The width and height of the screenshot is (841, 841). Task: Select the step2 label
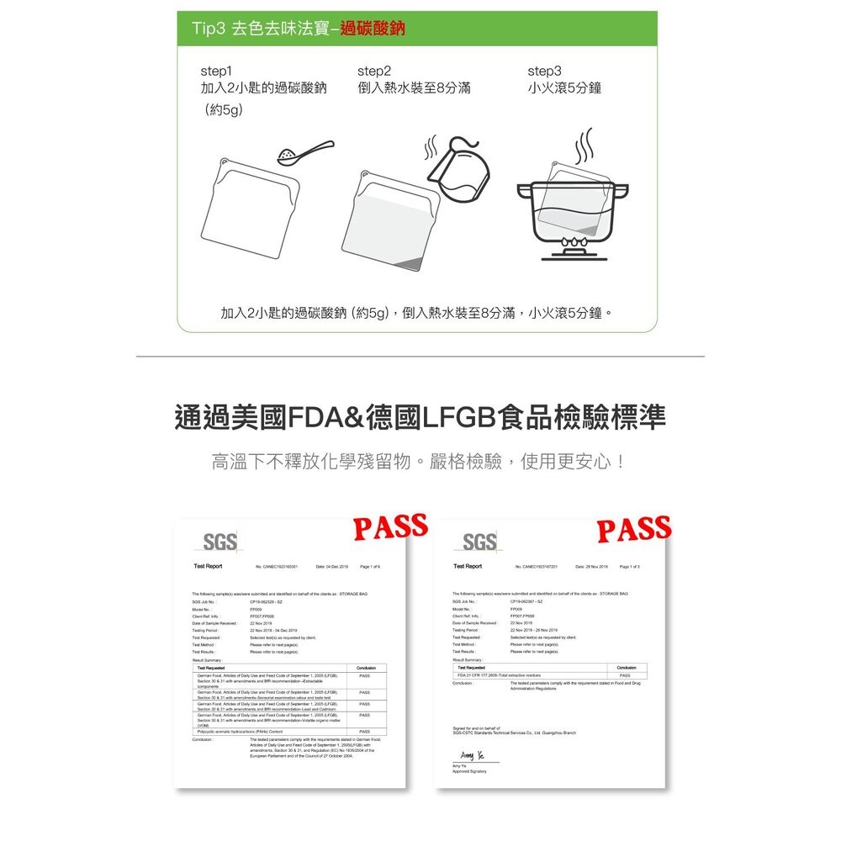(374, 71)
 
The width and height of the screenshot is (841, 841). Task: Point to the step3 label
(544, 71)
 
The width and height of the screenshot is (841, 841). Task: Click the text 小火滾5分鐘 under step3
(564, 88)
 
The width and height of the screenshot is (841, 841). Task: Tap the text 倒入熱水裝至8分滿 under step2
(414, 88)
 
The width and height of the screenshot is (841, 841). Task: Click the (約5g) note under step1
(218, 110)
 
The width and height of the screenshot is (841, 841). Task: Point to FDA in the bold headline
(320, 417)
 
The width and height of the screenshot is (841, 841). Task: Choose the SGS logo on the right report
(479, 540)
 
